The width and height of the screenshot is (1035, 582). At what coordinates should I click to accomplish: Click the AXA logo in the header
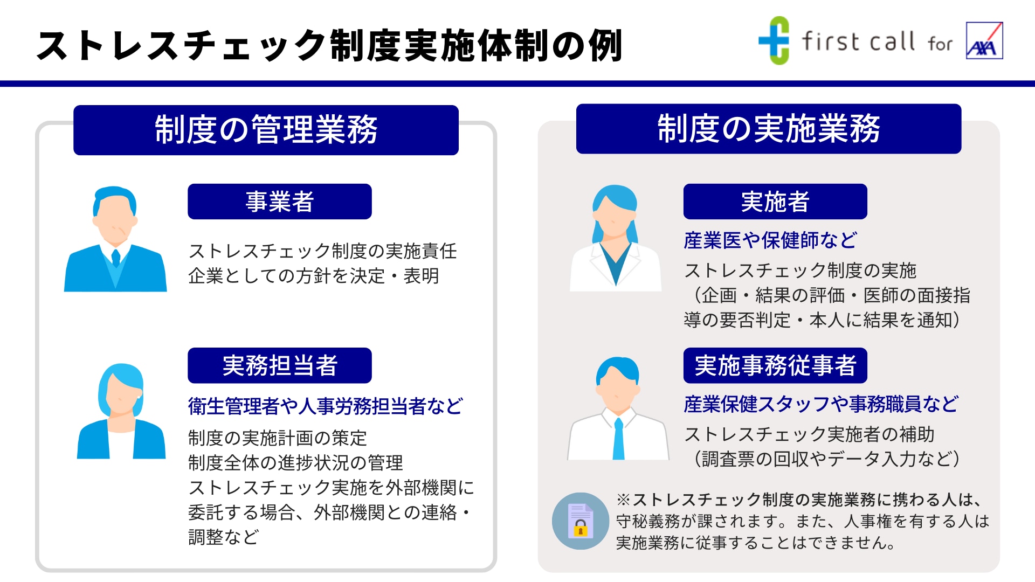(x=984, y=40)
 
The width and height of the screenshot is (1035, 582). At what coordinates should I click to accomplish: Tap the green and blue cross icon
(x=774, y=40)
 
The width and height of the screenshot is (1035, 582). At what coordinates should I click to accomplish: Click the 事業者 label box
(x=280, y=202)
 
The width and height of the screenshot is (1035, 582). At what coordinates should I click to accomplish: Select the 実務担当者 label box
(x=280, y=365)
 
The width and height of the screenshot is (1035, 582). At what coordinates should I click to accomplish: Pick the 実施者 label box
(x=775, y=202)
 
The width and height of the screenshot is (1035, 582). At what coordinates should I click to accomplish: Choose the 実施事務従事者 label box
(x=775, y=365)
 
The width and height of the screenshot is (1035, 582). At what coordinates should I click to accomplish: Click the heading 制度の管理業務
(x=266, y=130)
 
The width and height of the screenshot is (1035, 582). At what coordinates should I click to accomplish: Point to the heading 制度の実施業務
(x=769, y=129)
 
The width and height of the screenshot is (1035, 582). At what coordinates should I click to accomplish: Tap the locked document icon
(x=581, y=521)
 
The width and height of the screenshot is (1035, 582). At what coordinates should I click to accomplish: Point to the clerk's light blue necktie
(x=619, y=439)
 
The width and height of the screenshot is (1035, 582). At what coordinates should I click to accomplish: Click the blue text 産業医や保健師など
(x=770, y=240)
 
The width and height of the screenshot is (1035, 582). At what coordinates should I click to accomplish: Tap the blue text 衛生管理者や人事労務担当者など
(x=326, y=406)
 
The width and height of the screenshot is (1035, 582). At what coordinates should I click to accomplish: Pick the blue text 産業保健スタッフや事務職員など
(x=821, y=404)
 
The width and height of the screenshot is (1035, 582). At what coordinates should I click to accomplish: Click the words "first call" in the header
(x=859, y=41)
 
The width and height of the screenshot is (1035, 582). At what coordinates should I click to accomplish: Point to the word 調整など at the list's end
(x=224, y=537)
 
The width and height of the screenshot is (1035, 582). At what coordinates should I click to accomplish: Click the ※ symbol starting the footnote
(x=624, y=500)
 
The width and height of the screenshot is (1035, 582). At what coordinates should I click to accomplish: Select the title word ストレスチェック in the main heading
(x=181, y=45)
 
